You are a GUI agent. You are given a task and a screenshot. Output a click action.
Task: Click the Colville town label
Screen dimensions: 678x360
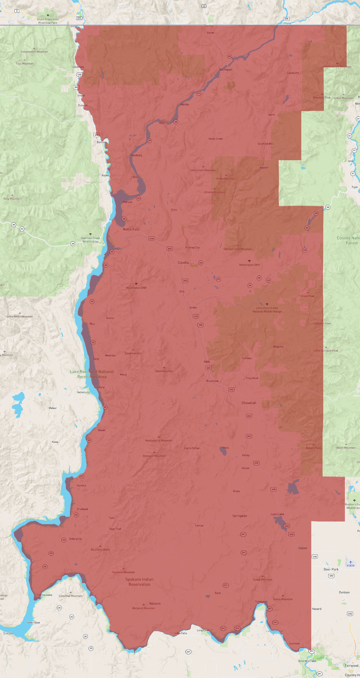point(183,262)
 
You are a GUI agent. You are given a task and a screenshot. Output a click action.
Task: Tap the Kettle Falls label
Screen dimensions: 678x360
point(131,229)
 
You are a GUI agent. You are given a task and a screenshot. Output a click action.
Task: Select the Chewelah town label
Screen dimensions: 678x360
point(249,403)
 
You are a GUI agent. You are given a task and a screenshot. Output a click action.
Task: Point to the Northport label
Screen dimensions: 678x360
point(226,70)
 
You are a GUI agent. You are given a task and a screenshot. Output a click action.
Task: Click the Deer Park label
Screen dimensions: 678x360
point(331,569)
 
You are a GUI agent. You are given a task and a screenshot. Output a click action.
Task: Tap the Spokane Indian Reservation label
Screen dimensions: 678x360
point(139,582)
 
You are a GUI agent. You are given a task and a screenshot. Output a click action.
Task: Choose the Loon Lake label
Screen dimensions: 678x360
point(277,514)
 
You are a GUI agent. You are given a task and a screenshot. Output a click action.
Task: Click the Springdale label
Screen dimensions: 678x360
point(240,516)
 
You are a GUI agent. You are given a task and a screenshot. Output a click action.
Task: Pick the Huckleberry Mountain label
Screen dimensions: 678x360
point(159,441)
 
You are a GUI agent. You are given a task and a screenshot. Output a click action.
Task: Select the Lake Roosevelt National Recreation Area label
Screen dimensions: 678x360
point(92,374)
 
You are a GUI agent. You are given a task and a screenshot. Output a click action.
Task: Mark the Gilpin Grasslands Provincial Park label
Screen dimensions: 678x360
point(48,21)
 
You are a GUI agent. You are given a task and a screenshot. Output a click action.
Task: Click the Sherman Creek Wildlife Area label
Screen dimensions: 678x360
point(90,239)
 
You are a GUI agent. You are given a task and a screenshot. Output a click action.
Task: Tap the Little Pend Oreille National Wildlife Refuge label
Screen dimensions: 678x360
point(267,309)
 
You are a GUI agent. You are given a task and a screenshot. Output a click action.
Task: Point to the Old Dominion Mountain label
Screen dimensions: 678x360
point(238,249)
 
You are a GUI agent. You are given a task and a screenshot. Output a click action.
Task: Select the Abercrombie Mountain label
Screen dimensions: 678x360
point(337,67)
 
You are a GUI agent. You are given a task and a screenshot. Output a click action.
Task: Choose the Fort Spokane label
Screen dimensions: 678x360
point(45,595)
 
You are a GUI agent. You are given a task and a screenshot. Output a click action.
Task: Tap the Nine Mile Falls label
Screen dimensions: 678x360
point(307,661)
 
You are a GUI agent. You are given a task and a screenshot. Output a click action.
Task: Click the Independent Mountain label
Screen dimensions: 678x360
point(34,52)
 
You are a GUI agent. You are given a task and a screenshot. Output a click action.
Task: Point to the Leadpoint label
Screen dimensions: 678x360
point(293,73)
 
